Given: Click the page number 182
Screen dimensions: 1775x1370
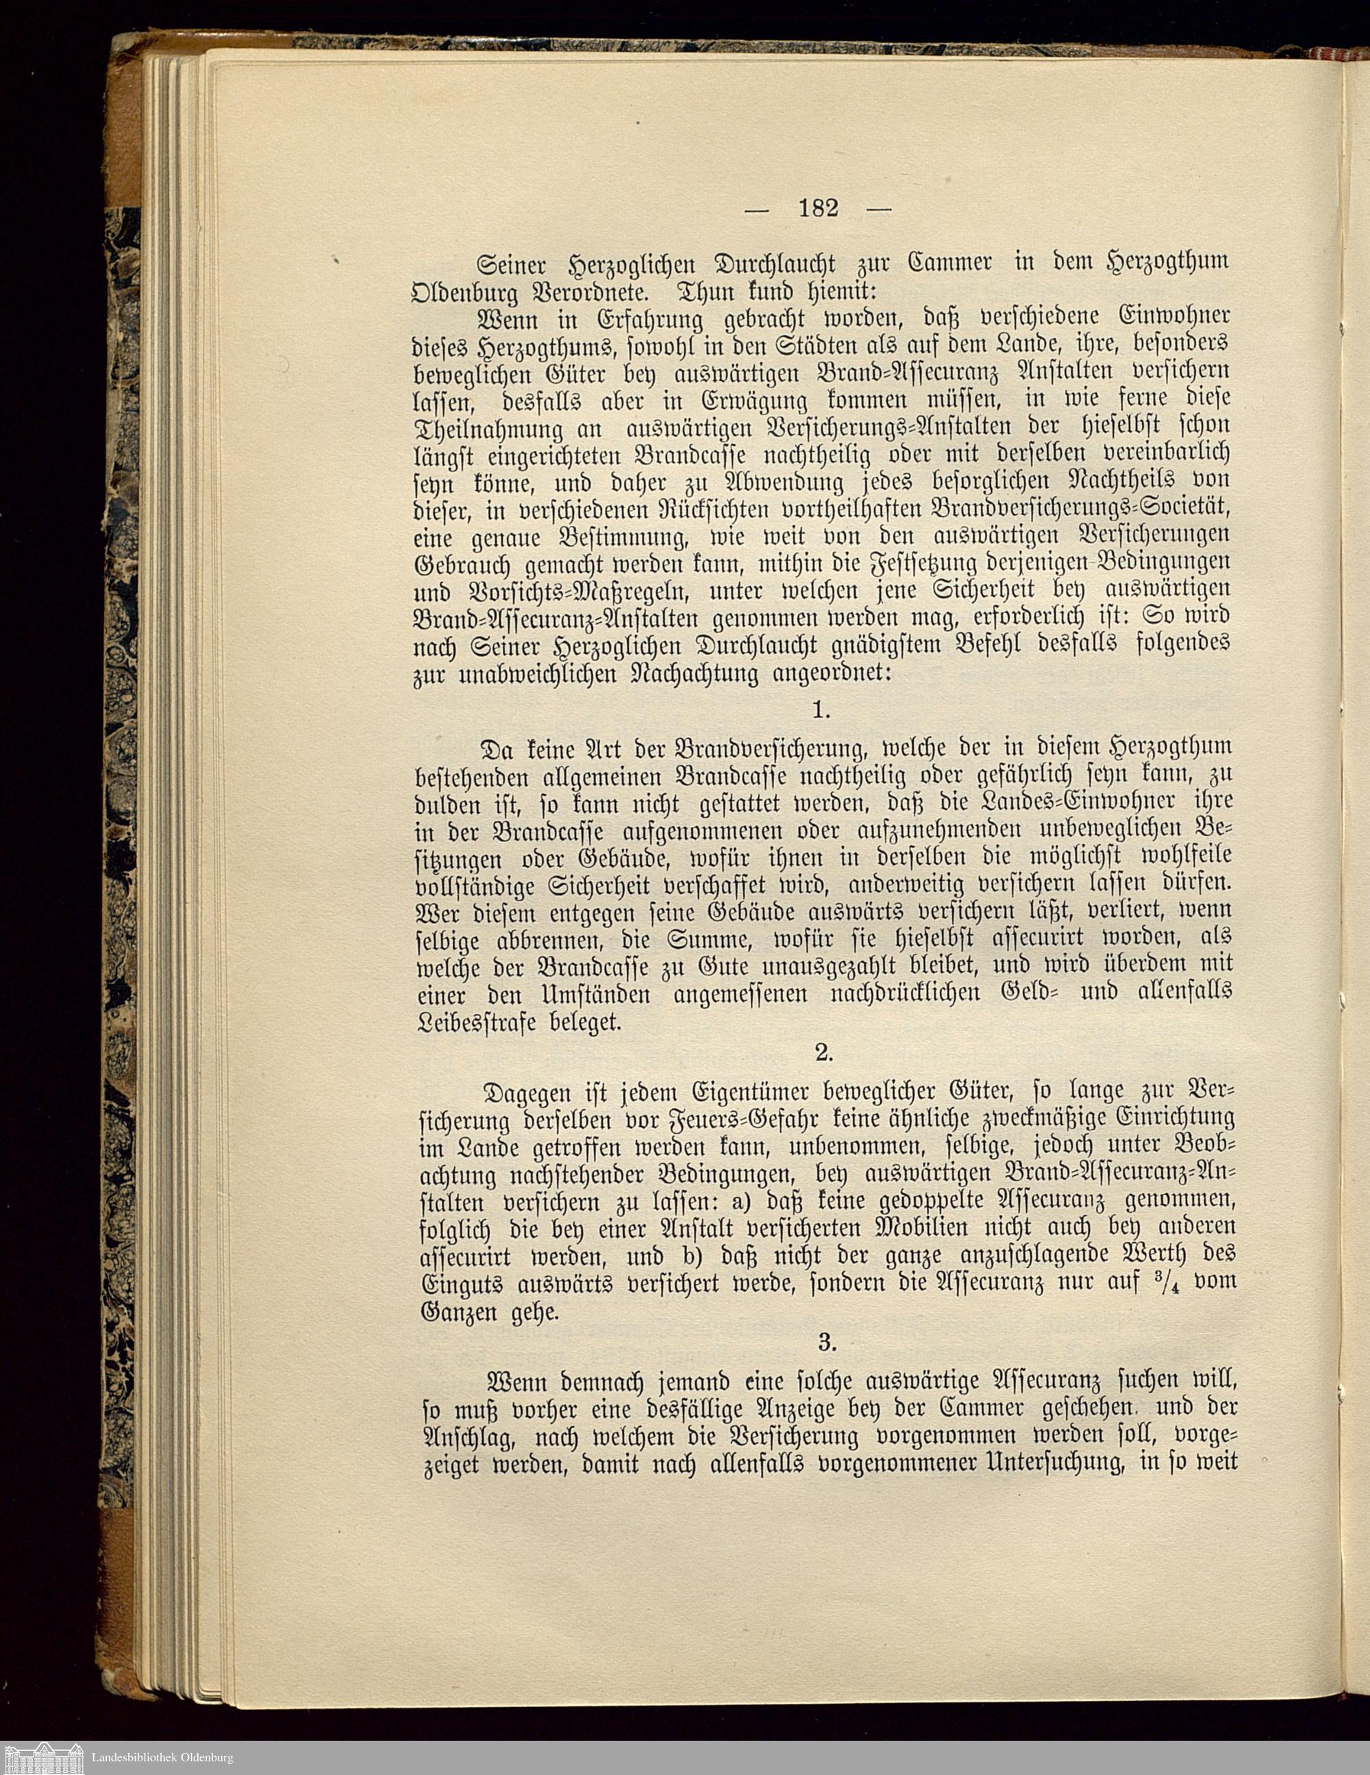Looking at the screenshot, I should [x=819, y=209].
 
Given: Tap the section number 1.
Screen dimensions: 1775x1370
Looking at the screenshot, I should [x=821, y=710].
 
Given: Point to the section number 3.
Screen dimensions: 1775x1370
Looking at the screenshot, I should [x=826, y=1343].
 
